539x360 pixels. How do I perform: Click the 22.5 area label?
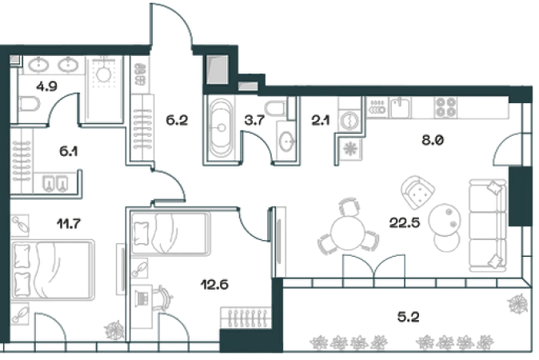(x=405, y=222)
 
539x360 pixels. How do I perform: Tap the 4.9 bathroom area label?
(x=46, y=86)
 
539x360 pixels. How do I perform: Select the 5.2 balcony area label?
(x=409, y=317)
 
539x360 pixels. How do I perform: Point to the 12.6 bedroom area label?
(x=215, y=284)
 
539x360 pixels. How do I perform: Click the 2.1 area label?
(x=321, y=120)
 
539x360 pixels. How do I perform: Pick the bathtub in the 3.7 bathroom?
(x=221, y=128)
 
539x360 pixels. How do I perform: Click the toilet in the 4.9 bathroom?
(x=29, y=104)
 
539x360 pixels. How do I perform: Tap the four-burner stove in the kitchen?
(x=445, y=107)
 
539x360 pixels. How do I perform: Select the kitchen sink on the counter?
(x=400, y=107)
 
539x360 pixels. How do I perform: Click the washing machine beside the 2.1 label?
(x=349, y=121)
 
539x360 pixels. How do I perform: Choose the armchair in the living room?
(x=417, y=192)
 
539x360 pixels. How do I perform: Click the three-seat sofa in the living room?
(x=488, y=226)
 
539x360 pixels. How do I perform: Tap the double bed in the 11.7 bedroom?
(x=53, y=270)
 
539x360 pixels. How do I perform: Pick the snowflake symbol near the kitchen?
(x=351, y=149)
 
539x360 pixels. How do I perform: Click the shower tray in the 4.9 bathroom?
(x=103, y=90)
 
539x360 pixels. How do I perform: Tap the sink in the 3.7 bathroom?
(x=286, y=141)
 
